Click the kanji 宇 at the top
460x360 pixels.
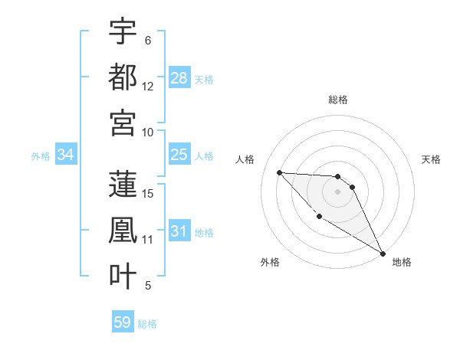click(123, 31)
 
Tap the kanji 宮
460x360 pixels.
click(123, 123)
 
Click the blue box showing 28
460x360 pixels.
click(179, 77)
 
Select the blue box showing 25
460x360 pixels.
click(179, 155)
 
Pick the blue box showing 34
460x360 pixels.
click(66, 155)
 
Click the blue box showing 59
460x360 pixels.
click(123, 322)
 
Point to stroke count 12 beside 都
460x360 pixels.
click(148, 87)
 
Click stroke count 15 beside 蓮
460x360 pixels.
click(148, 193)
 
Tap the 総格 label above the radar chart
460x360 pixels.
click(338, 100)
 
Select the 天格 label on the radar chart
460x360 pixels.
click(432, 159)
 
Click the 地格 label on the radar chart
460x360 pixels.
click(402, 262)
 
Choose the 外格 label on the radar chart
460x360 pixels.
click(270, 262)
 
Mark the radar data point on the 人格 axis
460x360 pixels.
click(280, 172)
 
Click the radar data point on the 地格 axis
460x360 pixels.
click(383, 254)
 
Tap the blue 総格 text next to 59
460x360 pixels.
click(148, 323)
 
